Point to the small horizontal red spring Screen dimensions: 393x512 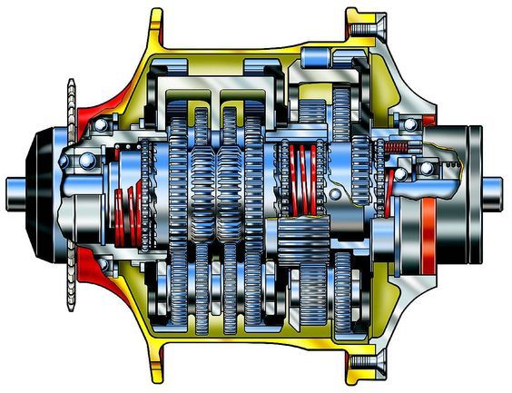[398, 147]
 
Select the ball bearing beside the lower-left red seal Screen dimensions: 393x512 [103, 264]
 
